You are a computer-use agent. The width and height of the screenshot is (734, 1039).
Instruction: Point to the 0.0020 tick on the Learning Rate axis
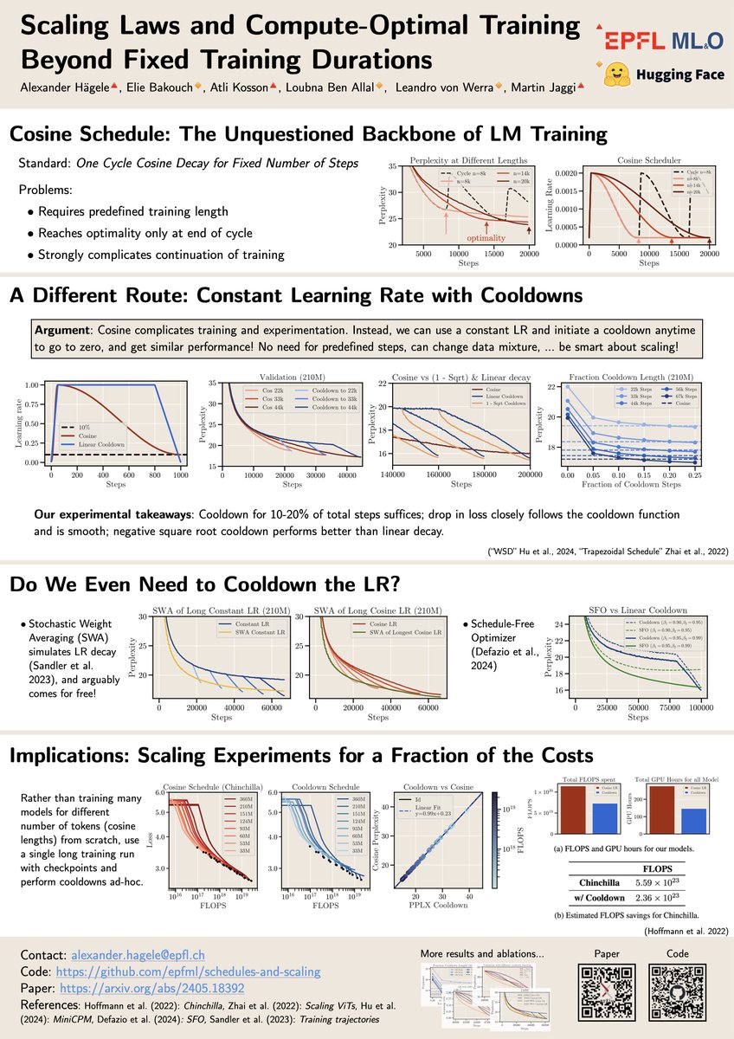tap(570, 174)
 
